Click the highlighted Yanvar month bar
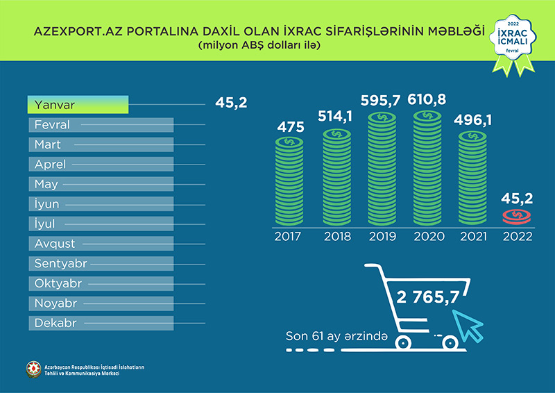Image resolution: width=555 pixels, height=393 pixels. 78,105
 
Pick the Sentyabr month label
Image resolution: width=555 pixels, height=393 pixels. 59,264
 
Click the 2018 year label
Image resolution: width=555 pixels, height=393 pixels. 338,237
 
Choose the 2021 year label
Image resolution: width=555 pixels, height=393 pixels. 475,237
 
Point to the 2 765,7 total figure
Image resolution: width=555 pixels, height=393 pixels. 428,298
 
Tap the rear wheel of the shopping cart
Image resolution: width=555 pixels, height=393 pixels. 402,342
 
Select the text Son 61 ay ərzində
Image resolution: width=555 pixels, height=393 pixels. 335,336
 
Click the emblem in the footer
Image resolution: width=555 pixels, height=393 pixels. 33,369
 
